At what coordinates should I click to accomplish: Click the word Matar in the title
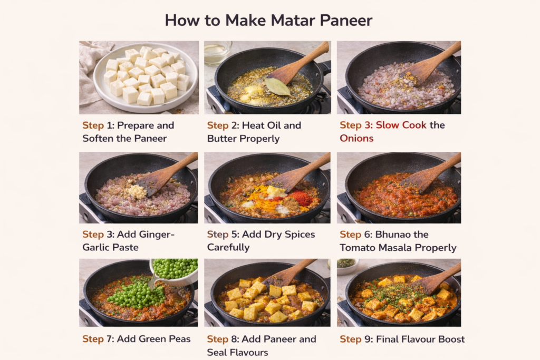[x=269, y=21]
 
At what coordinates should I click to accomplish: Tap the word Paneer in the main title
[x=346, y=21]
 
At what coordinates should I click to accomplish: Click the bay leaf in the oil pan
[x=277, y=86]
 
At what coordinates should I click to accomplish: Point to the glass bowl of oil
[x=217, y=52]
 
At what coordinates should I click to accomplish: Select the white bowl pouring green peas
[x=175, y=271]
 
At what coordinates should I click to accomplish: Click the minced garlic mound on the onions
[x=137, y=191]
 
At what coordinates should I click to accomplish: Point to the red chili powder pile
[x=301, y=198]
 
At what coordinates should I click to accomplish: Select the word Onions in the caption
[x=356, y=138]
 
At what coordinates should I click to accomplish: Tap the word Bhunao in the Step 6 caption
[x=393, y=235]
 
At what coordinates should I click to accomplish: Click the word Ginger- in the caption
[x=146, y=235]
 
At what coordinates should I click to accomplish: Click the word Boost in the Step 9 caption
[x=450, y=339]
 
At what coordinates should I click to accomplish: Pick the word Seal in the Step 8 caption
[x=217, y=353]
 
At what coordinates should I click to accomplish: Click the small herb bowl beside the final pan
[x=347, y=266]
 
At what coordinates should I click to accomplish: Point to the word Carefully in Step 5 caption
[x=228, y=248]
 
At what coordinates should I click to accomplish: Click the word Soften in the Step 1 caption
[x=98, y=138]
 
